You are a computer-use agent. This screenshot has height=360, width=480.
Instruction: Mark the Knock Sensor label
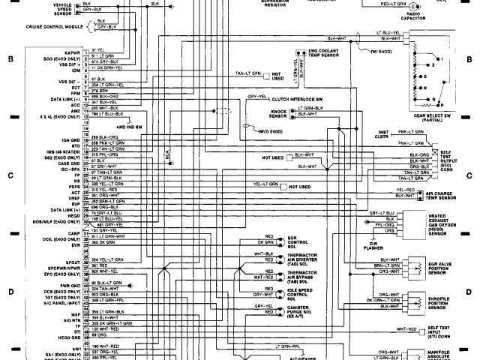coord(277,114)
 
